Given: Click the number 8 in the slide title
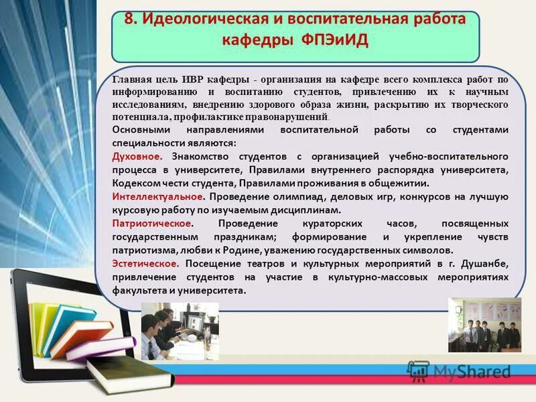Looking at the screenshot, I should point(130,19).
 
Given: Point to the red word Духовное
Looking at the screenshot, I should point(137,157).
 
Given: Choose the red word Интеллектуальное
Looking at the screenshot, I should point(157,197).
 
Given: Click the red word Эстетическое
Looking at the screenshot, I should point(145,263).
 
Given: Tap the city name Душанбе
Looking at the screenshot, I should point(485,263).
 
